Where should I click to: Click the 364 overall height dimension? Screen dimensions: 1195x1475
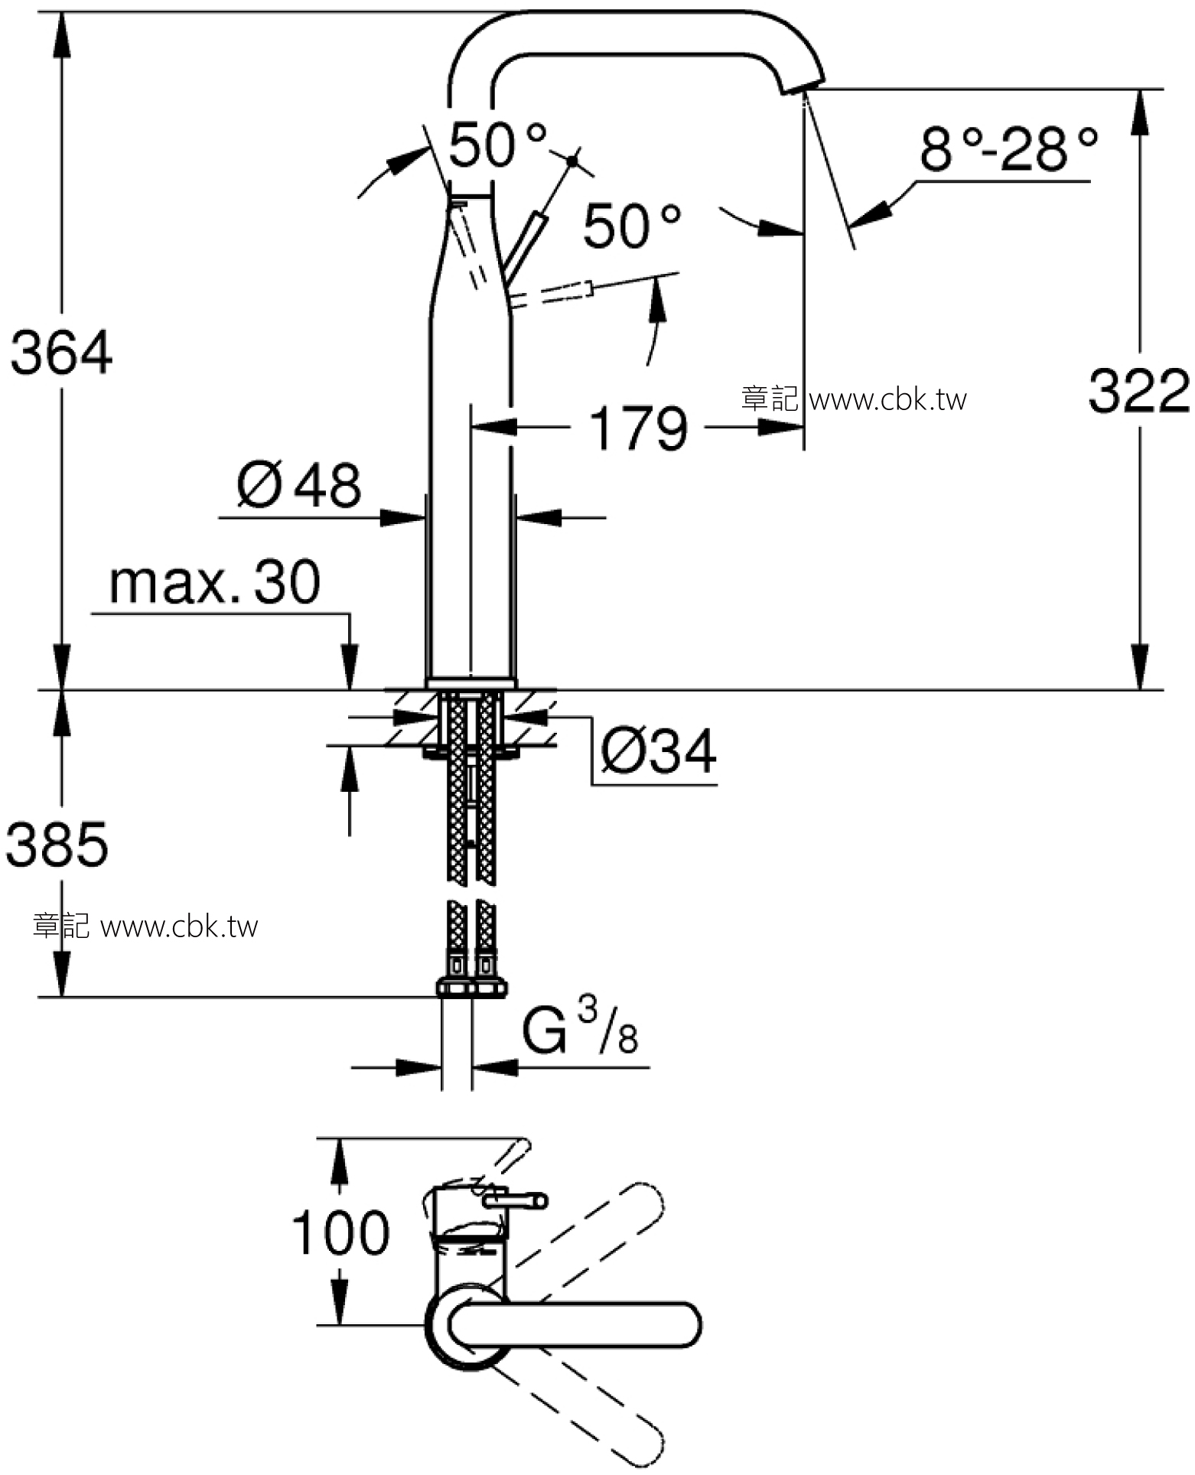point(61,353)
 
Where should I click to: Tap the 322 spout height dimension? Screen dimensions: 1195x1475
point(1139,391)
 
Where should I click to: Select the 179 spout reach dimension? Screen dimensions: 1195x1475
point(639,428)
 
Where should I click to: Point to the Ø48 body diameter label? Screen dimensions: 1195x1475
point(298,484)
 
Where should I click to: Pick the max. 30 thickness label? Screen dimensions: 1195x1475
point(215,583)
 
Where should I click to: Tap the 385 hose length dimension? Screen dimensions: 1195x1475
point(57,845)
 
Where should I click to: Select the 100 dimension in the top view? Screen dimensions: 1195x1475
point(340,1232)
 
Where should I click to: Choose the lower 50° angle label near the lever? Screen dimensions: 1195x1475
point(632,226)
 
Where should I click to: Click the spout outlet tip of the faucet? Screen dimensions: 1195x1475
point(803,85)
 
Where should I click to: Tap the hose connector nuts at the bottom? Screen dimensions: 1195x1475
point(471,988)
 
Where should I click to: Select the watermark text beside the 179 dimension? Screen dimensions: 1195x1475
point(854,399)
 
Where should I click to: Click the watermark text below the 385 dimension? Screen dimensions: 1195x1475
point(145,926)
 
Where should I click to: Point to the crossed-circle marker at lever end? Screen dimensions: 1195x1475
point(572,161)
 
